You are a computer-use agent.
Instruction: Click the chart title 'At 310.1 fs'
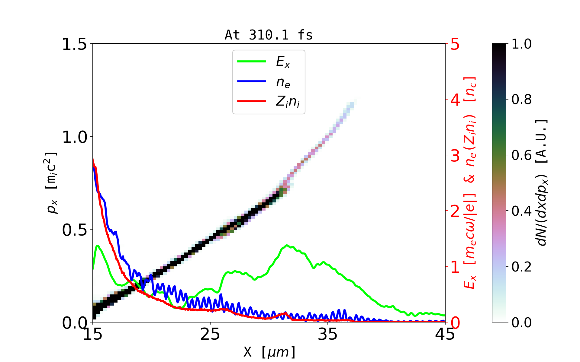pyautogui.click(x=269, y=35)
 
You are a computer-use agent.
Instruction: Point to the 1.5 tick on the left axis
pyautogui.click(x=74, y=44)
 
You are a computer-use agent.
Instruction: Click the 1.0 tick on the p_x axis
pyautogui.click(x=74, y=137)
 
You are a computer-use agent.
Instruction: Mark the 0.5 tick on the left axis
pyautogui.click(x=74, y=230)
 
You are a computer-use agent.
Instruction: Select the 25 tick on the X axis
pyautogui.click(x=210, y=334)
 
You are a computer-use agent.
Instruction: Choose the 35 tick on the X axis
pyautogui.click(x=328, y=334)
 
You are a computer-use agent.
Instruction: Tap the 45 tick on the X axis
pyautogui.click(x=445, y=334)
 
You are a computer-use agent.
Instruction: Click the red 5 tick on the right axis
pyautogui.click(x=455, y=44)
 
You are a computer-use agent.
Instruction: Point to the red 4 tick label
pyautogui.click(x=455, y=100)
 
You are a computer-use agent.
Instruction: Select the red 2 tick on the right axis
pyautogui.click(x=455, y=211)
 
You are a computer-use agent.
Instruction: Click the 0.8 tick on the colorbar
pyautogui.click(x=521, y=99)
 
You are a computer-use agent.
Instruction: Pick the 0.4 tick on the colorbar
pyautogui.click(x=521, y=211)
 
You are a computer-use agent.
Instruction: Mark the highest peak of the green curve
pyautogui.click(x=287, y=245)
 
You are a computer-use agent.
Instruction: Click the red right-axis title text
pyautogui.click(x=470, y=183)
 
